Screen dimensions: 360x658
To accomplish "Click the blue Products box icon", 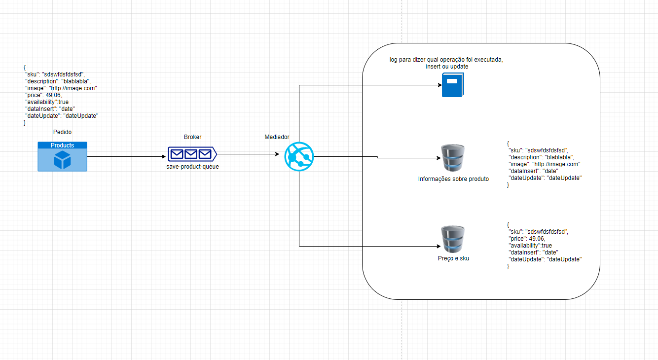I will click(x=62, y=156).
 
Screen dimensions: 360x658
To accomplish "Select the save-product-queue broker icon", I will click(x=191, y=154).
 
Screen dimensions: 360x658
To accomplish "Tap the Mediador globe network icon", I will click(x=299, y=157).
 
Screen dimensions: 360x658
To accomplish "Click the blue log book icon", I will click(x=452, y=85).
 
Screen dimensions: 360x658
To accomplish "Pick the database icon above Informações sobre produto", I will click(x=452, y=157).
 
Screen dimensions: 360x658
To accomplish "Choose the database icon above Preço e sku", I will click(x=452, y=239).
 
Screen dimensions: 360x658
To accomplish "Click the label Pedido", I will click(x=62, y=133).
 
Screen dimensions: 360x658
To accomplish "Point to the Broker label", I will click(x=192, y=137).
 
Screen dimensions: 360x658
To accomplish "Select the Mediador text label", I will click(x=277, y=137).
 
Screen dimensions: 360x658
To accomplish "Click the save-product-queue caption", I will click(x=192, y=167).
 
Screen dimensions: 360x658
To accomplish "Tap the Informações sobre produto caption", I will click(x=453, y=179).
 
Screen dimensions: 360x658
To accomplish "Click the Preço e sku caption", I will click(x=453, y=258).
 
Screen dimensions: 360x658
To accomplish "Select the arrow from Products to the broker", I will click(x=126, y=157).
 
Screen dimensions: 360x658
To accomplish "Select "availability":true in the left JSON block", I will click(x=47, y=102).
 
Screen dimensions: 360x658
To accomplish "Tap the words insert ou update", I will click(x=447, y=67).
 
